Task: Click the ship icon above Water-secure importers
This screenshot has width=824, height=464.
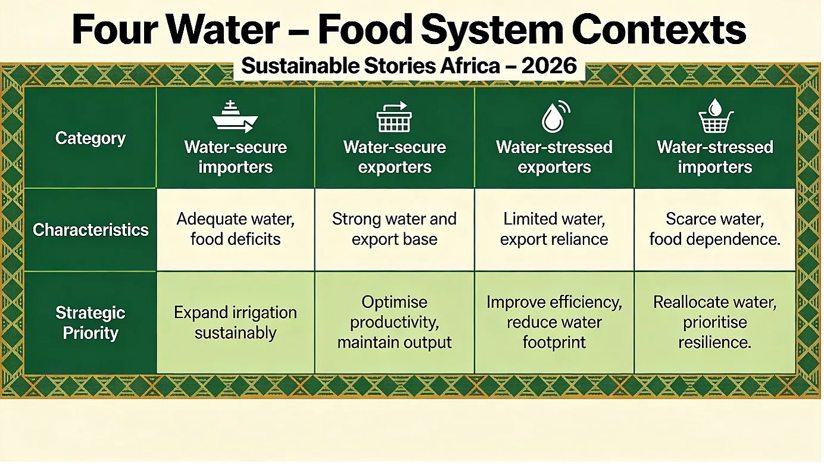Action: click(x=235, y=116)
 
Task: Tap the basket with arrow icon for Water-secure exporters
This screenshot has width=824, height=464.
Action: click(x=394, y=117)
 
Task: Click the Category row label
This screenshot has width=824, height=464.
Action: click(x=90, y=138)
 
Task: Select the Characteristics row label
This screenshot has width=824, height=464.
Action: click(x=90, y=230)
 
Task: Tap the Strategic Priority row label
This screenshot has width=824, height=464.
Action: click(x=90, y=323)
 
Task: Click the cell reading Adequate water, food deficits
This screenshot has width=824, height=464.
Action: click(x=235, y=229)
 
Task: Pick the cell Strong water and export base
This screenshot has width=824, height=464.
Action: click(x=394, y=229)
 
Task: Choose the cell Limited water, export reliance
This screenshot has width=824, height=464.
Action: click(x=554, y=229)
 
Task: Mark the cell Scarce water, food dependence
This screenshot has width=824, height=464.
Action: click(x=714, y=229)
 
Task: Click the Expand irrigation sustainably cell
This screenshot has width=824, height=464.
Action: click(x=235, y=323)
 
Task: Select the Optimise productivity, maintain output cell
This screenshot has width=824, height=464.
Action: click(x=394, y=322)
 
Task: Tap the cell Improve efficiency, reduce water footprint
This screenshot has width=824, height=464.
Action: click(x=554, y=322)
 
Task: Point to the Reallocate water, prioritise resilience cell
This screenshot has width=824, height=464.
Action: click(x=714, y=322)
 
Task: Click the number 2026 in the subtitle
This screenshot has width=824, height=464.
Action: click(x=549, y=66)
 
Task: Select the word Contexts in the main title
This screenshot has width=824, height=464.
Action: click(x=659, y=29)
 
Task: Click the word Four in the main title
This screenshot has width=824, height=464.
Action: click(x=115, y=29)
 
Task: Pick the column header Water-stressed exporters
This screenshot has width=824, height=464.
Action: click(x=554, y=157)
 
